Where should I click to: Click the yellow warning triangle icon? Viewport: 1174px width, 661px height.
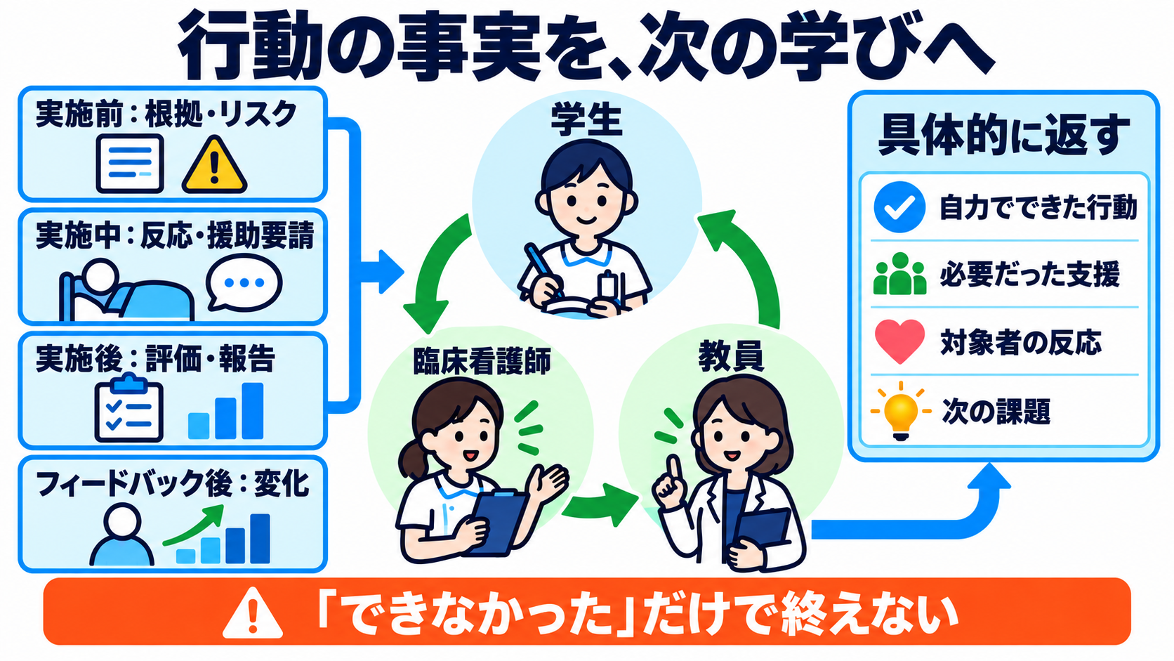(x=214, y=164)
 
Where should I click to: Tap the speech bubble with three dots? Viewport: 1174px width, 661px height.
(x=244, y=283)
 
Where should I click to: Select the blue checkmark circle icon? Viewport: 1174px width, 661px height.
(x=899, y=207)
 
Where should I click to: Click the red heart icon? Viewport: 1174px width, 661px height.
(x=899, y=341)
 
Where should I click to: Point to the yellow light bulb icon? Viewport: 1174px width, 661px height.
(x=901, y=411)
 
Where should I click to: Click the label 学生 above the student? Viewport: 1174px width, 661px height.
(x=586, y=122)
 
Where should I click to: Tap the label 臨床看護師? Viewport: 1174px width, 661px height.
(x=482, y=361)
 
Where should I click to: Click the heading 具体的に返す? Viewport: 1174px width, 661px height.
(x=1003, y=136)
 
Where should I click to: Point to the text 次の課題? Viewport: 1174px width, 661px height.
(x=996, y=412)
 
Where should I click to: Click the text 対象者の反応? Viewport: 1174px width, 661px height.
(x=1021, y=343)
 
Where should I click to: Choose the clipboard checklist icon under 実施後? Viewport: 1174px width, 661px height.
(x=129, y=408)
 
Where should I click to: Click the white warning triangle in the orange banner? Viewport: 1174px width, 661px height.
(x=253, y=613)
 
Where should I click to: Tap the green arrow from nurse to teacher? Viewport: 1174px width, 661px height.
(x=600, y=505)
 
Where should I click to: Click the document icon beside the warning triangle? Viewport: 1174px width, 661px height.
(x=130, y=164)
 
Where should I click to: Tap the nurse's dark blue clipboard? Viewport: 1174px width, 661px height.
(x=498, y=522)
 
